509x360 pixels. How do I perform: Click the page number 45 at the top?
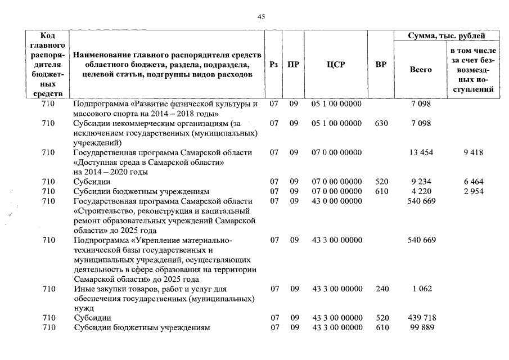pyautogui.click(x=261, y=17)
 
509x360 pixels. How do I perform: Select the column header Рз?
pyautogui.click(x=274, y=65)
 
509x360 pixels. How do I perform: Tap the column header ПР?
pyautogui.click(x=293, y=65)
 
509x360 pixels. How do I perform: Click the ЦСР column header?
pyautogui.click(x=336, y=65)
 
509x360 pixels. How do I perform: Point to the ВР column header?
pyautogui.click(x=381, y=65)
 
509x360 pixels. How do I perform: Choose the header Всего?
pyautogui.click(x=421, y=70)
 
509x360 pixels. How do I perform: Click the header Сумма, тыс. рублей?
pyautogui.click(x=447, y=36)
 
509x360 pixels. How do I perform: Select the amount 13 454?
pyautogui.click(x=421, y=152)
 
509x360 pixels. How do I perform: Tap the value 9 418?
pyautogui.click(x=474, y=152)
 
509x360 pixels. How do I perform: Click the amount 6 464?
pyautogui.click(x=474, y=182)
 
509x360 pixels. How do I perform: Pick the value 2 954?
pyautogui.click(x=474, y=191)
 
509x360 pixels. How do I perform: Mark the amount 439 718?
pyautogui.click(x=421, y=318)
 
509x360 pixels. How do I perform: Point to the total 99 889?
pyautogui.click(x=421, y=327)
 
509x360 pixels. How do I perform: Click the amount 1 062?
pyautogui.click(x=421, y=289)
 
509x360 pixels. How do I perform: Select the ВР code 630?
pyautogui.click(x=381, y=123)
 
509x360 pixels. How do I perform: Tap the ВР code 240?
pyautogui.click(x=381, y=289)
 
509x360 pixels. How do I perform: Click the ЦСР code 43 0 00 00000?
pyautogui.click(x=337, y=201)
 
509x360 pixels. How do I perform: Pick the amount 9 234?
pyautogui.click(x=421, y=182)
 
